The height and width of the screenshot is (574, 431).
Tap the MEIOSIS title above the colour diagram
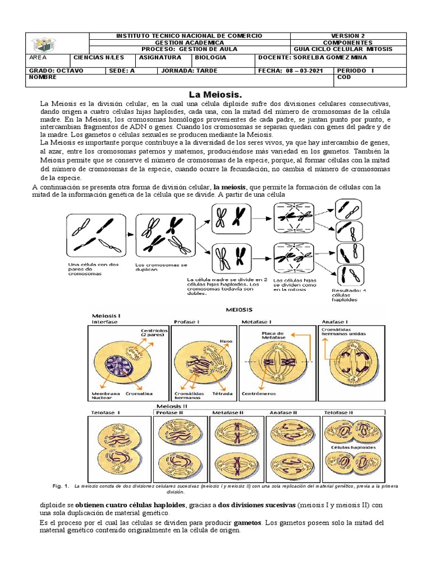[x=239, y=309]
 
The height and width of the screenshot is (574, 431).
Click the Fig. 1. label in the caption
[x=59, y=485]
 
